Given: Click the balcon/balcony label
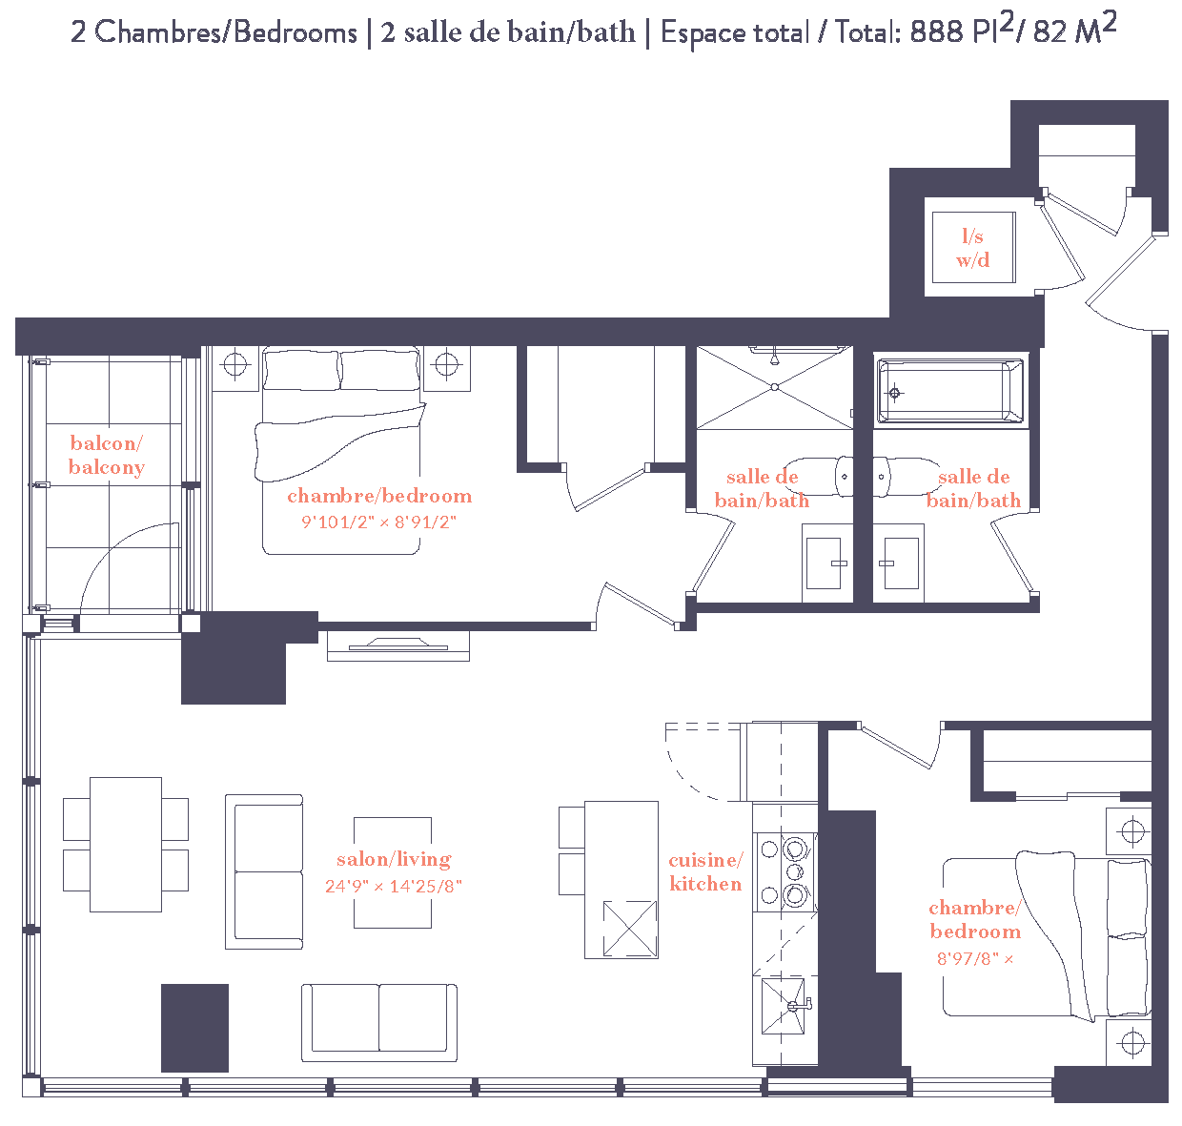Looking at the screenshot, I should tap(107, 455).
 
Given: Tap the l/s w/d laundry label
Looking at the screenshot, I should tap(972, 248).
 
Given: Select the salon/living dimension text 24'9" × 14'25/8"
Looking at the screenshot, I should tap(393, 886).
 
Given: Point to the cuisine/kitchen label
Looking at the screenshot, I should tap(705, 871).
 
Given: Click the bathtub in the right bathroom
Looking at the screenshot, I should tap(949, 391).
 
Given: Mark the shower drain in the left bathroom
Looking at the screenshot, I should tap(775, 387).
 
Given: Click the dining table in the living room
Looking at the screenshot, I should tap(126, 844).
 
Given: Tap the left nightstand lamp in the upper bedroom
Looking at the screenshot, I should tap(234, 364).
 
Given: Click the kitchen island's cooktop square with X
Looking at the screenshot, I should tap(630, 929).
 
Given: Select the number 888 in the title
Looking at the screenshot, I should tap(938, 31).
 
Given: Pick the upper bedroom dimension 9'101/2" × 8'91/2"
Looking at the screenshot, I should tap(379, 522).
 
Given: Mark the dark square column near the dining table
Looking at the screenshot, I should tap(194, 1028).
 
